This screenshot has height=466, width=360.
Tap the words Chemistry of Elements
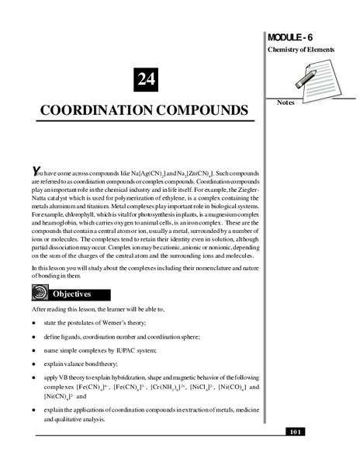click(300, 50)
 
